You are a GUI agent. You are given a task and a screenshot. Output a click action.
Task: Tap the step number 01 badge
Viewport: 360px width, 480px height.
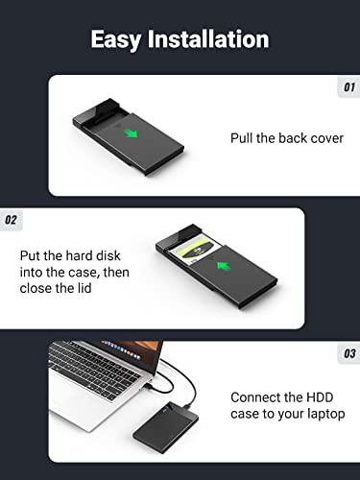coord(348,87)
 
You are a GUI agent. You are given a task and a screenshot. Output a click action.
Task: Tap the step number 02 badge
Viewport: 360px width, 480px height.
coord(12,220)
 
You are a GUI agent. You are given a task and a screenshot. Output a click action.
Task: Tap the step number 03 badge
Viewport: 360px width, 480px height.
coord(348,354)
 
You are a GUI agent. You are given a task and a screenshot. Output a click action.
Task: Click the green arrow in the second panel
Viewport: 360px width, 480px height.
coord(223,266)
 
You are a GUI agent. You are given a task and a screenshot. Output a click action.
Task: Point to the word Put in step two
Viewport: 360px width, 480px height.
coord(31,255)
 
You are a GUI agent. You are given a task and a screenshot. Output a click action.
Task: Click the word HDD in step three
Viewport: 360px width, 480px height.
coord(325,396)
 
